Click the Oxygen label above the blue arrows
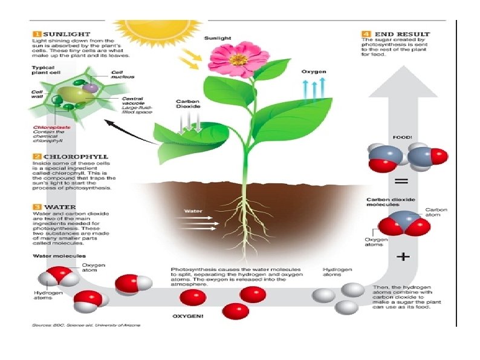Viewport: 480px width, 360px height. pos(314,71)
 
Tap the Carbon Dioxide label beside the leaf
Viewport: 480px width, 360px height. pos(187,105)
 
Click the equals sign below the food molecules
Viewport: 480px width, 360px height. pos(401,181)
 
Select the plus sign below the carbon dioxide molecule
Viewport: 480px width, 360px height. pos(402,257)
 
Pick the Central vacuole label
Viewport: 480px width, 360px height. pos(133,102)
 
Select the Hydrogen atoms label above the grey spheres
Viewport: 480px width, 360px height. pos(334,272)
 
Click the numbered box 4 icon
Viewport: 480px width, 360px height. pos(366,34)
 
